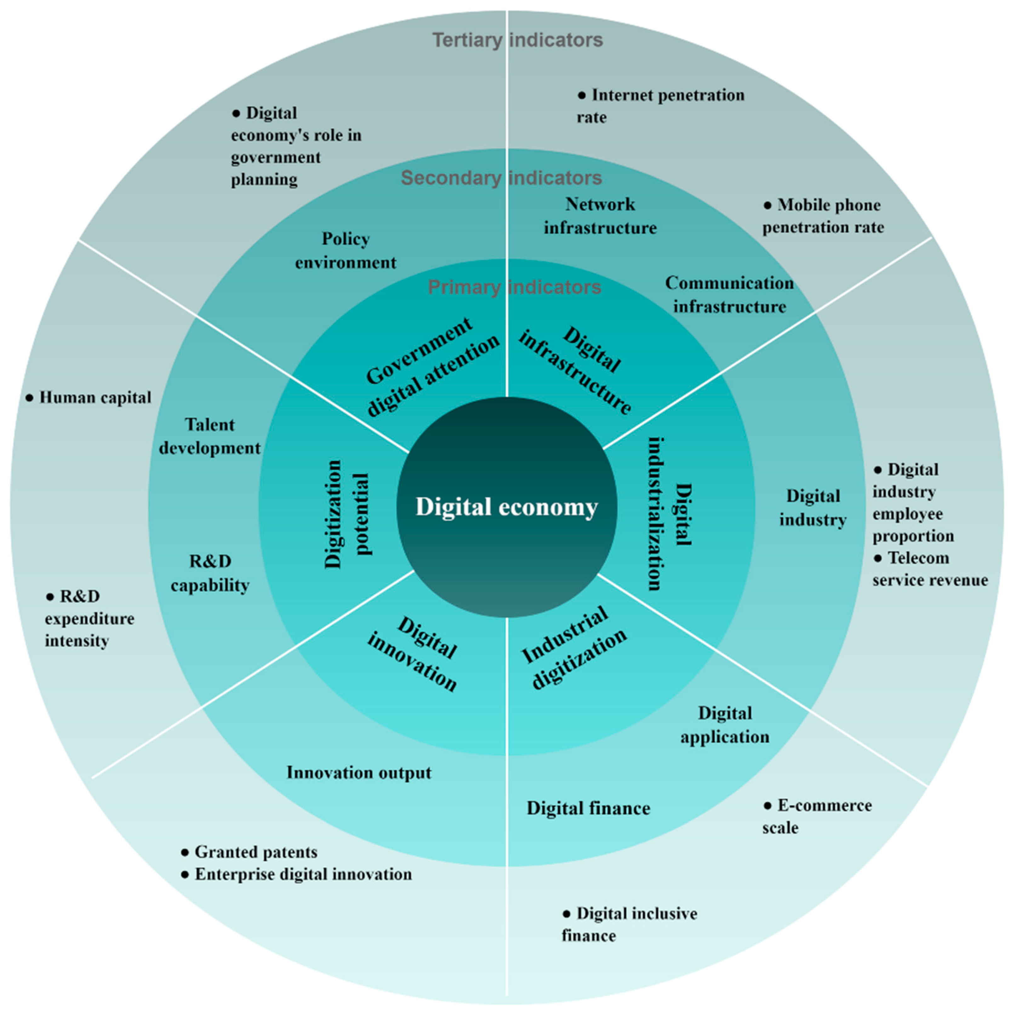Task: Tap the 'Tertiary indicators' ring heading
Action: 517,40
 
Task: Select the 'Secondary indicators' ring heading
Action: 501,178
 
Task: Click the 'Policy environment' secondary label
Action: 346,250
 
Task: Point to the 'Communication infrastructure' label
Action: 729,294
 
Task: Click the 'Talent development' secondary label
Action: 209,436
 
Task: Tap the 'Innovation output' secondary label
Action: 359,773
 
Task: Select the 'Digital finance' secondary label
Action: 588,808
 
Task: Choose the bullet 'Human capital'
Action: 89,397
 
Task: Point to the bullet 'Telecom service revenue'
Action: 930,569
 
